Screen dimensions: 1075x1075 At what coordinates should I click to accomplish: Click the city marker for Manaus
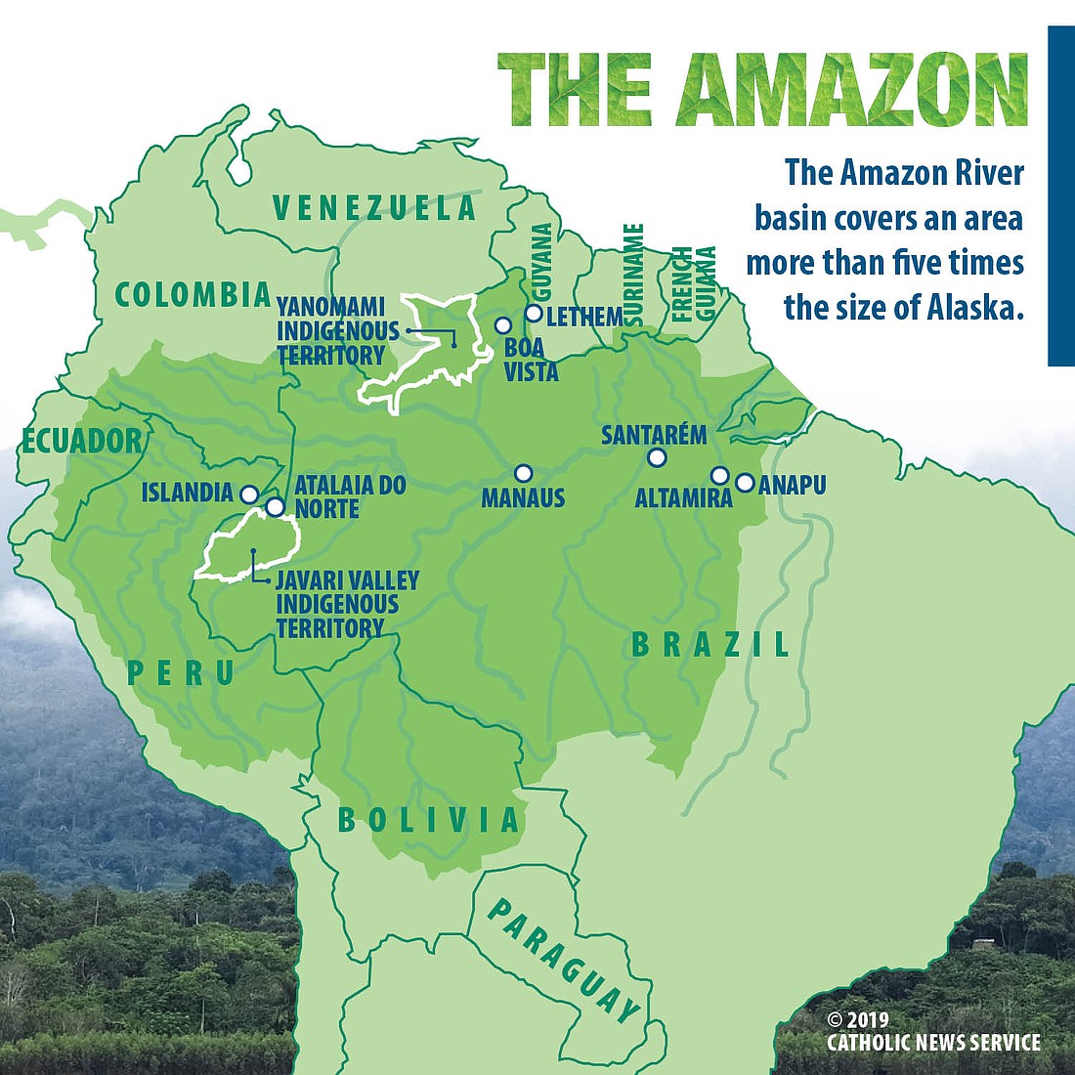523,473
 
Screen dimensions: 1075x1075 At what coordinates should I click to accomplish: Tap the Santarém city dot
657,457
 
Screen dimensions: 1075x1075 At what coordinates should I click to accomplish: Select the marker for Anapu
745,482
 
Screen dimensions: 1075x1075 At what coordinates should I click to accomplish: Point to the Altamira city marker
719,476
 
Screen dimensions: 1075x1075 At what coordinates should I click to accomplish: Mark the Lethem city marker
534,314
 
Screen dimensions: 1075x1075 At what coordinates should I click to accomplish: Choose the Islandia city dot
249,494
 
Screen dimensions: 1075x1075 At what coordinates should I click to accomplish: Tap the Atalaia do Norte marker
276,506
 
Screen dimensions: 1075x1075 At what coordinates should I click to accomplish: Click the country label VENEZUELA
374,208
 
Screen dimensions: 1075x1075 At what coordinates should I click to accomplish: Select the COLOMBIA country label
193,294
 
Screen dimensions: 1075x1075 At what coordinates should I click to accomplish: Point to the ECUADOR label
82,441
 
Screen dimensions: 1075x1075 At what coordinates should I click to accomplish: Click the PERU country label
181,672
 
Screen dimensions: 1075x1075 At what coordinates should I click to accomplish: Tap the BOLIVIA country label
428,819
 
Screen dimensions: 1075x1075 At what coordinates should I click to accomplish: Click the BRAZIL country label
710,644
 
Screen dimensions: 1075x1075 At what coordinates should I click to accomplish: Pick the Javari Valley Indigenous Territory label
346,604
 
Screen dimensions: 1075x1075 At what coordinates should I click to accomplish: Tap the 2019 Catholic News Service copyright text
933,1032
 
